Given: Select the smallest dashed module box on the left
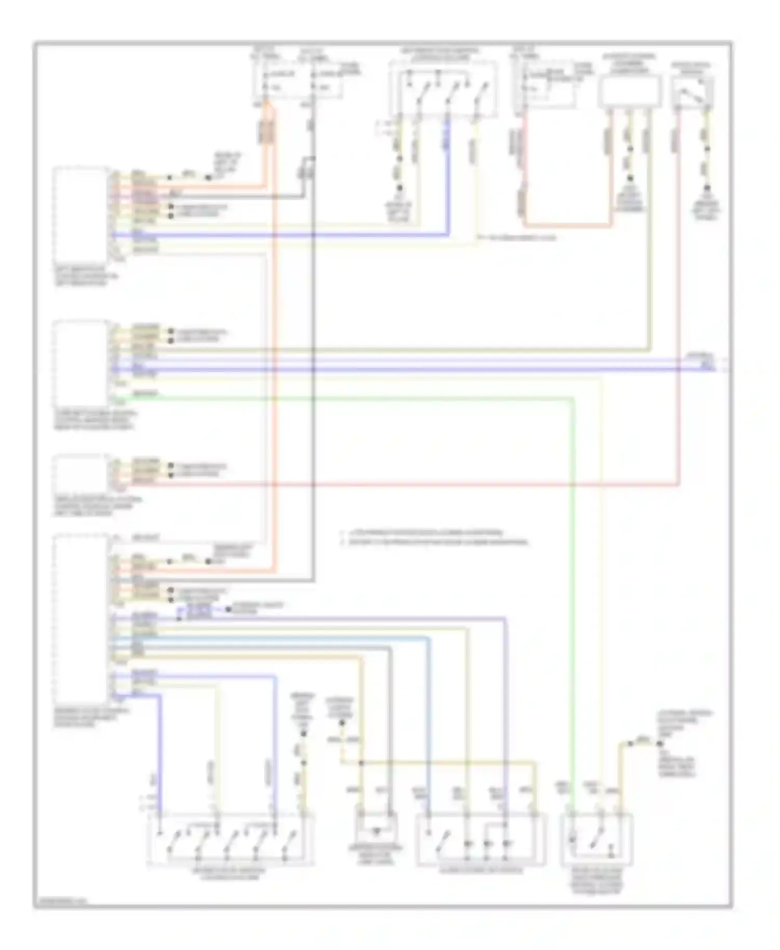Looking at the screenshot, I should point(81,473).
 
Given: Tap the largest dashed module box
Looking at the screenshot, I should point(81,618).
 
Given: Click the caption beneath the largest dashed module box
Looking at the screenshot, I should point(91,717).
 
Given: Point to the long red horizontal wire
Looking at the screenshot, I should point(416,485).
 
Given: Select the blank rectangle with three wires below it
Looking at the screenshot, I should point(630,91).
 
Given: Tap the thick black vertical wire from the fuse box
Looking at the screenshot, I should point(313,364).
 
